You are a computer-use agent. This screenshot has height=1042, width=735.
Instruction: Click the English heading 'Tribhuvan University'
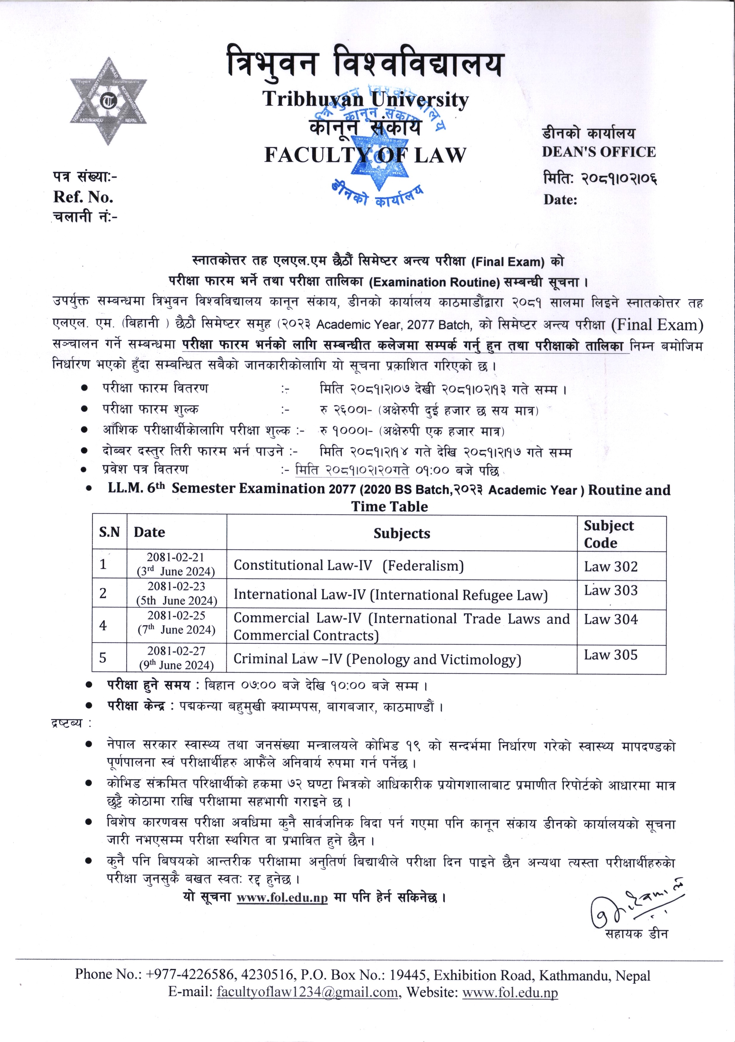pos(366,99)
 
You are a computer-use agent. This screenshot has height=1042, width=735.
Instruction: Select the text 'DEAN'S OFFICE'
pos(599,152)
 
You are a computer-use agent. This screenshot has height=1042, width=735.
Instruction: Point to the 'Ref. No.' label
pos(83,197)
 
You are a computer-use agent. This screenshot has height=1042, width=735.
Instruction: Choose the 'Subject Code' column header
pos(609,534)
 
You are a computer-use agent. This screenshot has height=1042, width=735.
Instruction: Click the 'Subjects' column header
pos(402,533)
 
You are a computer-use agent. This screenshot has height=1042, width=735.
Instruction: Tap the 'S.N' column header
pos(109,532)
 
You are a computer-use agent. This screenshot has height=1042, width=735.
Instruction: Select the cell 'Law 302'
pos(611,566)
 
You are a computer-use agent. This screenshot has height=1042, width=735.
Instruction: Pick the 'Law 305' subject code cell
pos(611,655)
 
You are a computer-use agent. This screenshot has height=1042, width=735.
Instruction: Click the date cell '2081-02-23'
pos(176,586)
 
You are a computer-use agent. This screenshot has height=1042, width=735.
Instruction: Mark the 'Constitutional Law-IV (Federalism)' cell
pos(349,566)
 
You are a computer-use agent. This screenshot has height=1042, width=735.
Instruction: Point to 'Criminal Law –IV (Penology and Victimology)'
pos(377,659)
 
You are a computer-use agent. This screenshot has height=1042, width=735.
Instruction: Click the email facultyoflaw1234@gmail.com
pos(307,992)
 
